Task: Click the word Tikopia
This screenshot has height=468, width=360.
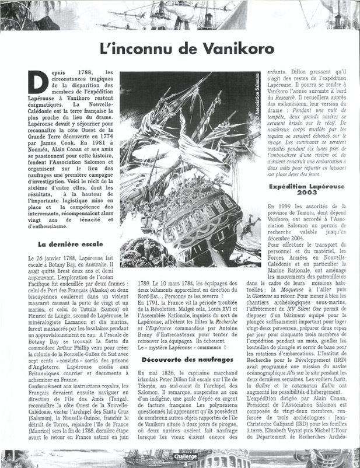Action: pyautogui.click(x=152, y=381)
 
